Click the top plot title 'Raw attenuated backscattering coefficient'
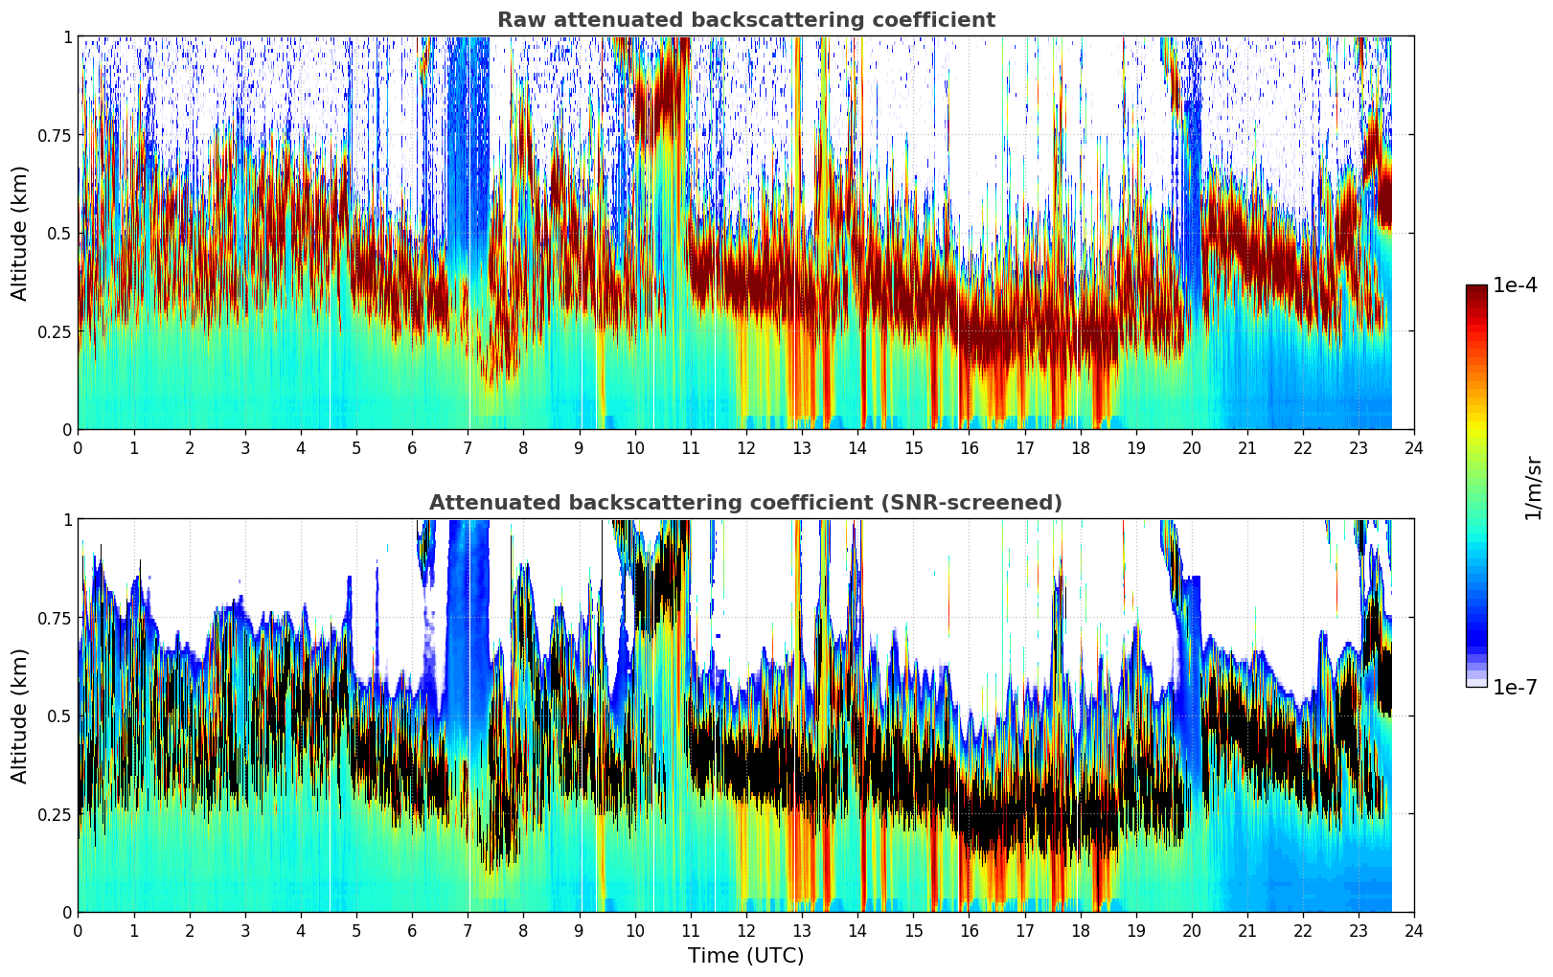[x=745, y=20]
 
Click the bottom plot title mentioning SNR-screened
[x=745, y=503]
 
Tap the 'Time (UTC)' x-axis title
[x=745, y=956]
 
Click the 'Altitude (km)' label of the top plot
[x=20, y=233]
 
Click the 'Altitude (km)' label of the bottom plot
[x=20, y=716]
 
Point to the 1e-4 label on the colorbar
[x=1515, y=285]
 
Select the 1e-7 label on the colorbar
[x=1515, y=687]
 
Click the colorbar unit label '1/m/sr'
[x=1533, y=487]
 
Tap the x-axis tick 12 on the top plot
[x=746, y=447]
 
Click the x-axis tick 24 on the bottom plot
[x=1414, y=930]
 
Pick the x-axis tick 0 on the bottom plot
[x=79, y=930]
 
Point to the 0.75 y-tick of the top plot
[x=54, y=135]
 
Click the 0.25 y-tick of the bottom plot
[x=54, y=814]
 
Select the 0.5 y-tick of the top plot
[x=60, y=233]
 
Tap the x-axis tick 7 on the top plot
[x=468, y=447]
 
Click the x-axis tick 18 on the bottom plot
[x=1080, y=930]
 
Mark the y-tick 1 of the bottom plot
[x=67, y=519]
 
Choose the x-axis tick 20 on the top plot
[x=1191, y=447]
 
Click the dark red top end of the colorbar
[x=1476, y=289]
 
